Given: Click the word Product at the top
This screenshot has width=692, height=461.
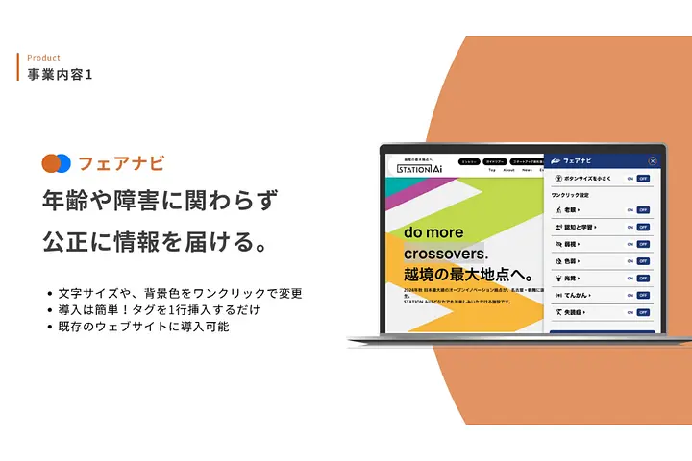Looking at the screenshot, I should tap(43, 58).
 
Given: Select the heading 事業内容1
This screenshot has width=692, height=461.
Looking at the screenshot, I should tap(61, 74).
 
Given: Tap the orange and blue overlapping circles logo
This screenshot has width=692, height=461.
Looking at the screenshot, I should tap(57, 162).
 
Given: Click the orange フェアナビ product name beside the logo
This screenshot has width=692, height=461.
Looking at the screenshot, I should tap(121, 162).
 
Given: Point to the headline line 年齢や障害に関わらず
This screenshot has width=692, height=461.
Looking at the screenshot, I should tap(160, 201).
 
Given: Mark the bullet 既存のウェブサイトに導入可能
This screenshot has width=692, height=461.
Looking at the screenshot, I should tap(142, 328).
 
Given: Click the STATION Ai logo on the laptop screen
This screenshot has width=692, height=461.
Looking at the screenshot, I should tap(419, 168).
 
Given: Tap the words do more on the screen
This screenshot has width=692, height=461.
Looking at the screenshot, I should tap(433, 232).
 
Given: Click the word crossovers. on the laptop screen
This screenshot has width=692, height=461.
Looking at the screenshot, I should tap(447, 254).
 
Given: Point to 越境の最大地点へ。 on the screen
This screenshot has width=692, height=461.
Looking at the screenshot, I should tap(458, 277).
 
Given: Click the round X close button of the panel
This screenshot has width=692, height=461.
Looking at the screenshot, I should tap(653, 161).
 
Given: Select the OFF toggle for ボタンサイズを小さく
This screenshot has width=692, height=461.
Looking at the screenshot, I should tap(643, 179).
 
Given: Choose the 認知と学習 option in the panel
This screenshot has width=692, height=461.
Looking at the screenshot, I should tap(580, 227).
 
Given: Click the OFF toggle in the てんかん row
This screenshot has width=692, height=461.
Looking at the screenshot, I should tap(643, 295).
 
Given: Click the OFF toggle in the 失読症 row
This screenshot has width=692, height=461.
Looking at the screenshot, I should tap(643, 312).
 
